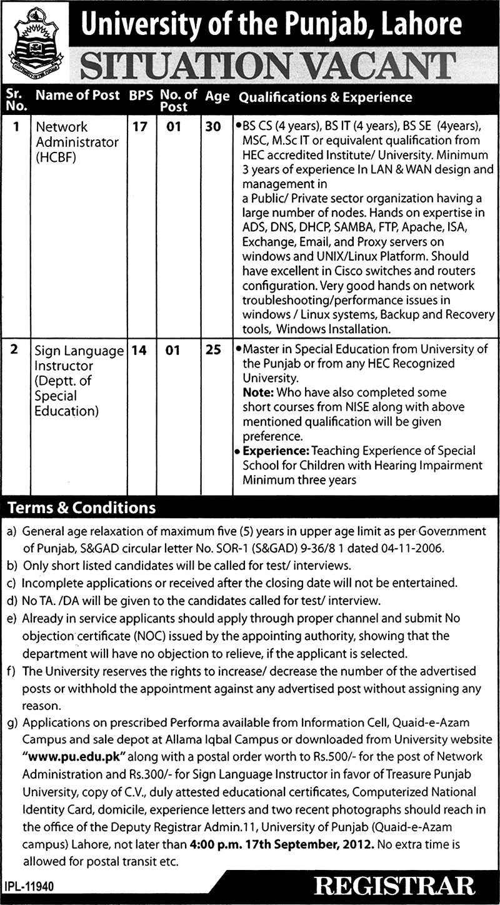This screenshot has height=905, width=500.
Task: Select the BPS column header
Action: (141, 97)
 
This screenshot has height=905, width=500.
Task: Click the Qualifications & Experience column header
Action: (326, 97)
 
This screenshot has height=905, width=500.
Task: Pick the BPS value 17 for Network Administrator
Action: (141, 127)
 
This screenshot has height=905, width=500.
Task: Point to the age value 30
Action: (213, 127)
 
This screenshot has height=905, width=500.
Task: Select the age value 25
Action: (213, 351)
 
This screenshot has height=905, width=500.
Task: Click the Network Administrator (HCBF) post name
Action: (76, 142)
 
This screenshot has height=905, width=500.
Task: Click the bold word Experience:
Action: (274, 451)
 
